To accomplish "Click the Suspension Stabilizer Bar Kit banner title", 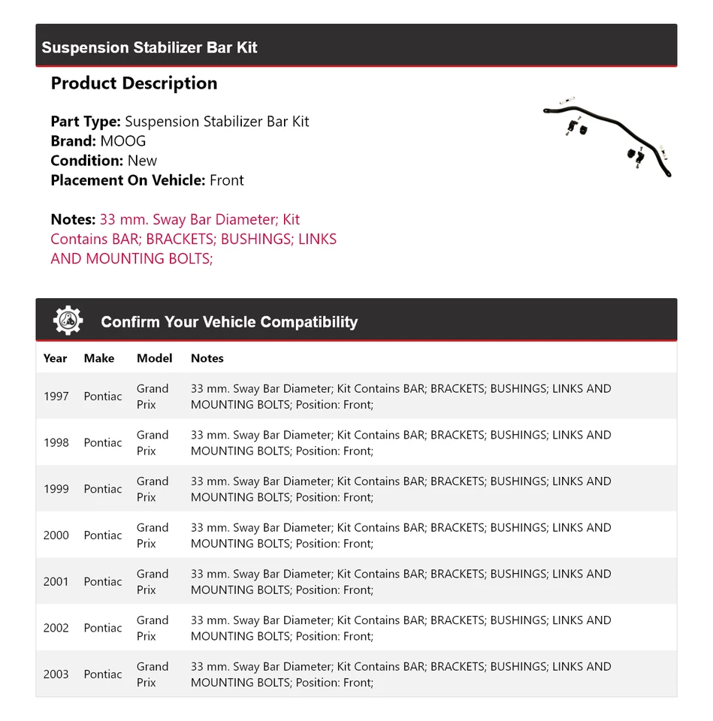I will (x=150, y=47).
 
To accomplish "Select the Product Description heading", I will (x=134, y=83).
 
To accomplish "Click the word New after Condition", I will (x=143, y=161).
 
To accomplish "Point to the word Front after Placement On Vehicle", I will (x=227, y=180).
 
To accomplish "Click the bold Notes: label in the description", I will (x=73, y=220).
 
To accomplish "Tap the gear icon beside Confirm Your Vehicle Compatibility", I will (x=68, y=321).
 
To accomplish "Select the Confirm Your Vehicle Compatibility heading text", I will (x=229, y=322).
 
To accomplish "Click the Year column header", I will (x=56, y=358).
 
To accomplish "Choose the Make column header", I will (x=99, y=358).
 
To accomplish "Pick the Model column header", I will (x=154, y=358).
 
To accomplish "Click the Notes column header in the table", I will (x=207, y=358).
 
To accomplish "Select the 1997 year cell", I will (x=56, y=397).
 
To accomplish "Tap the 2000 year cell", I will (x=56, y=535).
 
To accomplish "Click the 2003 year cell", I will (x=56, y=674).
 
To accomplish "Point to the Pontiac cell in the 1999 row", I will (x=103, y=489).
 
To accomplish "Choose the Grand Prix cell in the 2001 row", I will (x=153, y=582).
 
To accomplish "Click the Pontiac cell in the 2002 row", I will (x=103, y=628).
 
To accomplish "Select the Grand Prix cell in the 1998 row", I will (x=153, y=443).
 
